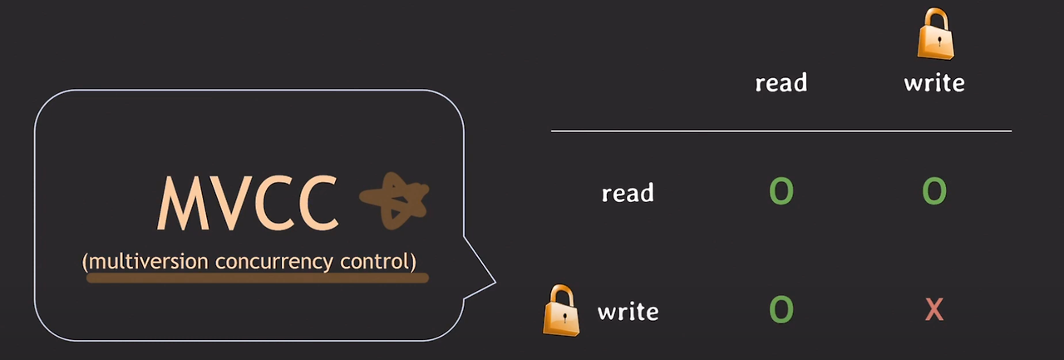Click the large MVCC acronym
248,203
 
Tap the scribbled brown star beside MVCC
394,200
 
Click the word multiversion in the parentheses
148,262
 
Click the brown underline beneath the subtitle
258,278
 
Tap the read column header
781,82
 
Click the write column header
934,82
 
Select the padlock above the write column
935,34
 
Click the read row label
628,193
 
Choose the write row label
628,312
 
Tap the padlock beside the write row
561,311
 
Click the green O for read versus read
781,191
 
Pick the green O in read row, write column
934,191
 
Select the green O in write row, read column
781,309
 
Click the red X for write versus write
934,309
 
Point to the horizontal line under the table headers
781,131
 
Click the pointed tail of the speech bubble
495,282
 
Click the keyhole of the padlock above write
939,42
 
